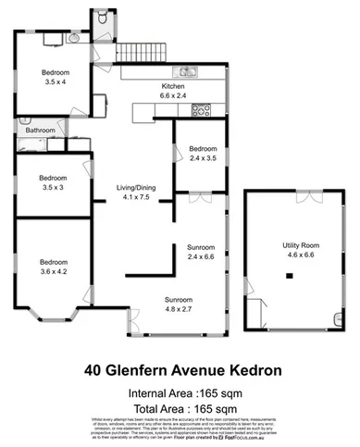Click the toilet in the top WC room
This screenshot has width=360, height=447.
[x=100, y=18]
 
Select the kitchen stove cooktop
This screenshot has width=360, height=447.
[x=200, y=112]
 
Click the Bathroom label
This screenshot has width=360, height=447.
[x=40, y=130]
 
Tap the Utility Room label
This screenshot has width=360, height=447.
[x=301, y=245]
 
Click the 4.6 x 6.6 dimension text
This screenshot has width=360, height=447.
[x=301, y=255]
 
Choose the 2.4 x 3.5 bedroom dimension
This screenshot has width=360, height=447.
[x=202, y=158]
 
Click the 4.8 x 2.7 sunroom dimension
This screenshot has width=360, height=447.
[x=178, y=310]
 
